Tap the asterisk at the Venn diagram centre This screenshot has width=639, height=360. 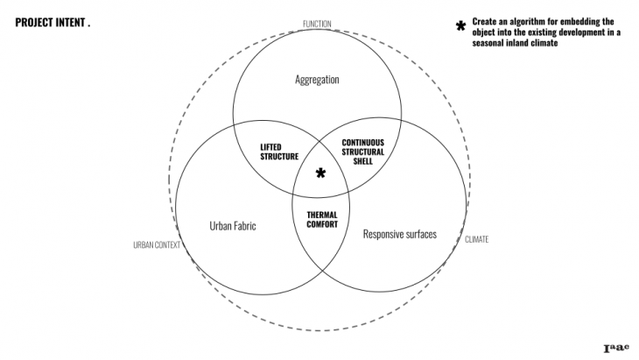pos(320,173)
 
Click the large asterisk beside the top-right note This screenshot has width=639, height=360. pos(460,25)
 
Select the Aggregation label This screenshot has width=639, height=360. pos(316,80)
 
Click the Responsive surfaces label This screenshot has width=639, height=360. pos(399,234)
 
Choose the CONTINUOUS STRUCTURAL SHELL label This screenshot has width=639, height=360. pos(363,152)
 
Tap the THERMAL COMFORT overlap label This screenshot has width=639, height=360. pos(322,219)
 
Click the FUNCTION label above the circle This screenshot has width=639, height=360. pos(316,24)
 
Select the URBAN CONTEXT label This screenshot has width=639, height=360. pos(156,245)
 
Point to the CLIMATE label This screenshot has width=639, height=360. pos(476,238)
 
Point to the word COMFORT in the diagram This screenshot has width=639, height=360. pos(322,224)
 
